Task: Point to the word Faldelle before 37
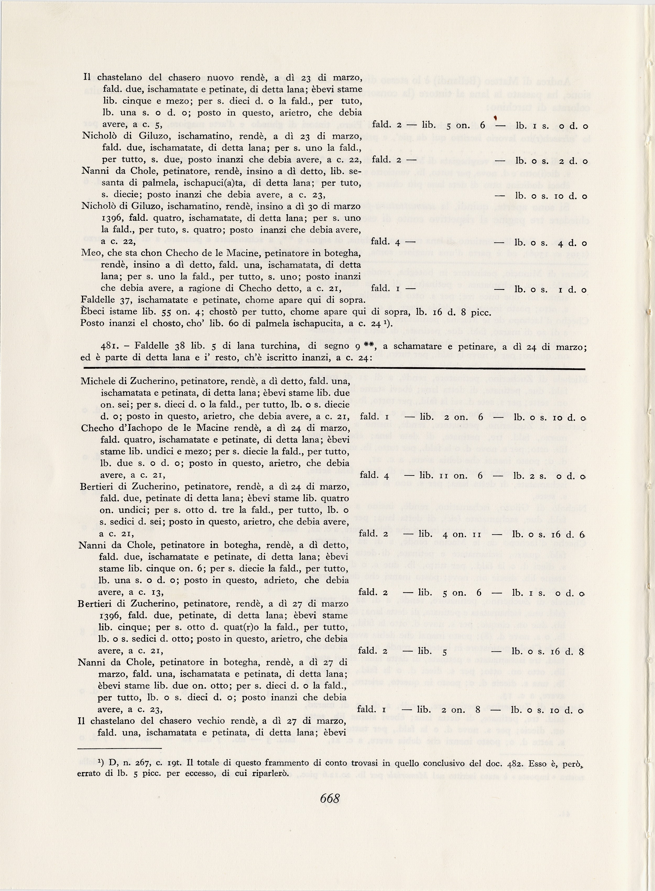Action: (97, 300)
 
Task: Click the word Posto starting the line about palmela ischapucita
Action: (92, 323)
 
